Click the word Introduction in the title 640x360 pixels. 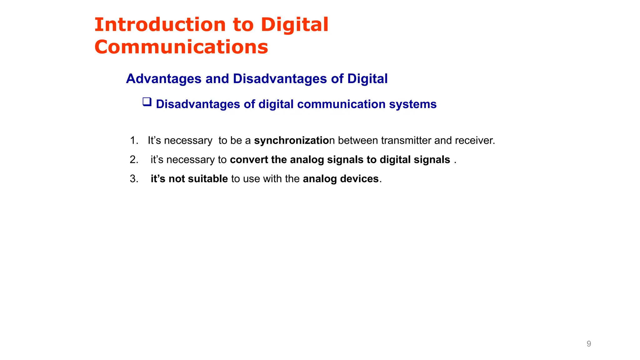coord(160,25)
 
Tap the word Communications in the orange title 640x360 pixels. coord(181,47)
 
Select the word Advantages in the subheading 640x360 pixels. coord(163,79)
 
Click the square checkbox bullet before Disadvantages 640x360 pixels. coord(147,102)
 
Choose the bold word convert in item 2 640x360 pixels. coord(249,160)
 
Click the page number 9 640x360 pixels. coord(589,344)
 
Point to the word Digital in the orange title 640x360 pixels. coord(294,25)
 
